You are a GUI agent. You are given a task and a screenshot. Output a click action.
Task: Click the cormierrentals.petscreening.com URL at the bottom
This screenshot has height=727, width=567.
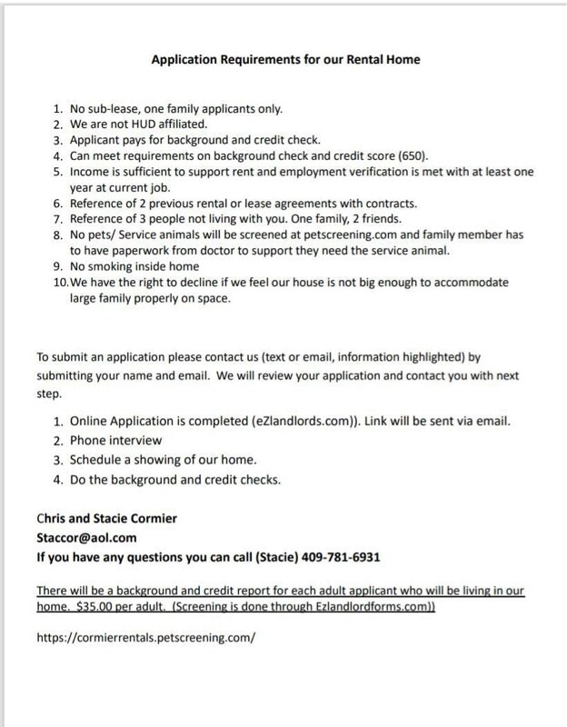click(x=146, y=638)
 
